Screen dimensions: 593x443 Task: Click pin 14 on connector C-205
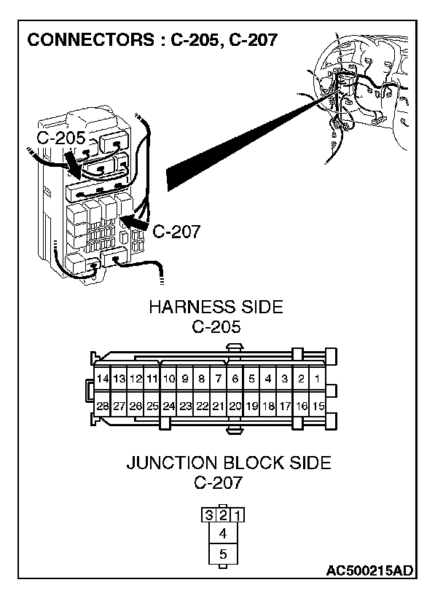[103, 379]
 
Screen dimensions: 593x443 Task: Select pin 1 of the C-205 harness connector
[318, 379]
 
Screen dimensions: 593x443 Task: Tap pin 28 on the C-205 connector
[103, 406]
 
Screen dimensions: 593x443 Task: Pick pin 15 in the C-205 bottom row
[318, 406]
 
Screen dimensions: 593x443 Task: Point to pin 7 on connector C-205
[218, 379]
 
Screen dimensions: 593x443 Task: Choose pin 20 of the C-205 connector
[235, 406]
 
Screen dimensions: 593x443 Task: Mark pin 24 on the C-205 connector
[168, 406]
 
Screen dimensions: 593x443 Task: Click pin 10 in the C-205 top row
[168, 379]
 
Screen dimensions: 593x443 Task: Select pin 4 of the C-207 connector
[223, 533]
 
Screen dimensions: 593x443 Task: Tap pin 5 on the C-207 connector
[223, 554]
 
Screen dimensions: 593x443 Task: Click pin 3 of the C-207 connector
[209, 516]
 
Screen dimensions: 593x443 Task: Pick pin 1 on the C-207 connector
[238, 516]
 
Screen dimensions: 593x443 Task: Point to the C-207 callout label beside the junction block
[176, 232]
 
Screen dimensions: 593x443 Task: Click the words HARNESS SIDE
[216, 307]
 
